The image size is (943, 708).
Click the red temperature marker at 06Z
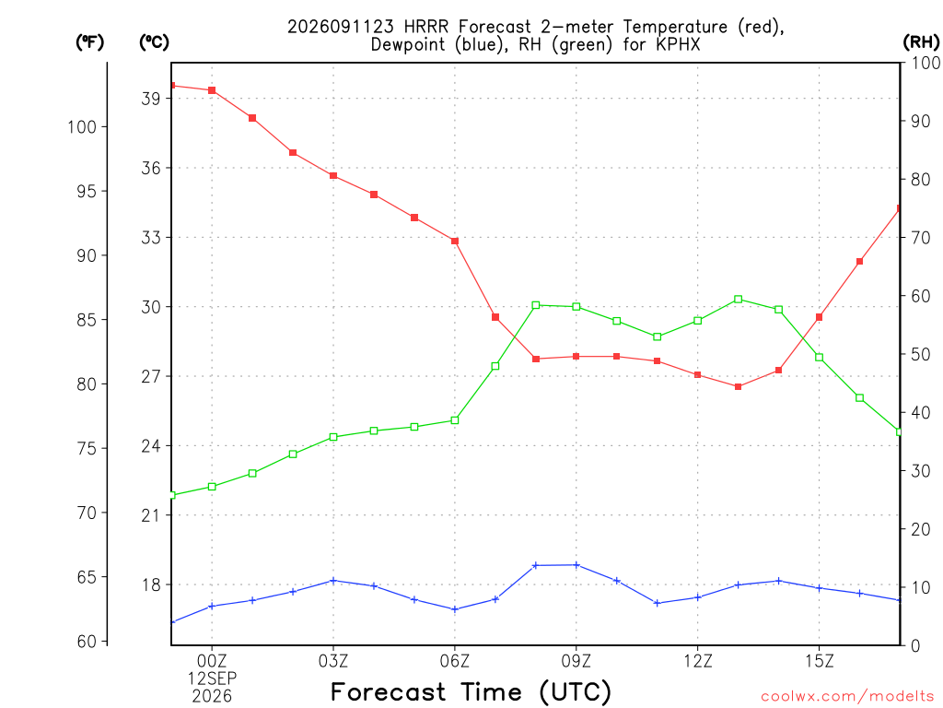pyautogui.click(x=455, y=241)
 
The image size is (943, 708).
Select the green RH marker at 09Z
pyautogui.click(x=576, y=306)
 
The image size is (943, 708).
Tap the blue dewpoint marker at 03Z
pyautogui.click(x=333, y=581)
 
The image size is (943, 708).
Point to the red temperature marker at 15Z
pyautogui.click(x=819, y=317)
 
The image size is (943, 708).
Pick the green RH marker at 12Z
pyautogui.click(x=698, y=320)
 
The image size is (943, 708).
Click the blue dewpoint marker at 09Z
pyautogui.click(x=576, y=565)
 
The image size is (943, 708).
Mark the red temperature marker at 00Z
pyautogui.click(x=212, y=90)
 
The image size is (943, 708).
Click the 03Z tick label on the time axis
pyautogui.click(x=333, y=661)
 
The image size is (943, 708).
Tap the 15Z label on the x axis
pyautogui.click(x=819, y=661)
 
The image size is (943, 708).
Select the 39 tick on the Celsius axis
pyautogui.click(x=151, y=98)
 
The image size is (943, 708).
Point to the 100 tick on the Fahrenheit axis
pyautogui.click(x=82, y=126)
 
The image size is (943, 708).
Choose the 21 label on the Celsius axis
pyautogui.click(x=151, y=515)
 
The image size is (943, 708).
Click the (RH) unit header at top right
pyautogui.click(x=921, y=41)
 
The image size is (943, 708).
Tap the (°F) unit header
pyautogui.click(x=89, y=41)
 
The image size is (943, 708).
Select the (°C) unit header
pyautogui.click(x=154, y=41)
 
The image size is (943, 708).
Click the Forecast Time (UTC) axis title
pyautogui.click(x=471, y=691)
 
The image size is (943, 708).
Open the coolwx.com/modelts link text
pyautogui.click(x=847, y=696)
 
